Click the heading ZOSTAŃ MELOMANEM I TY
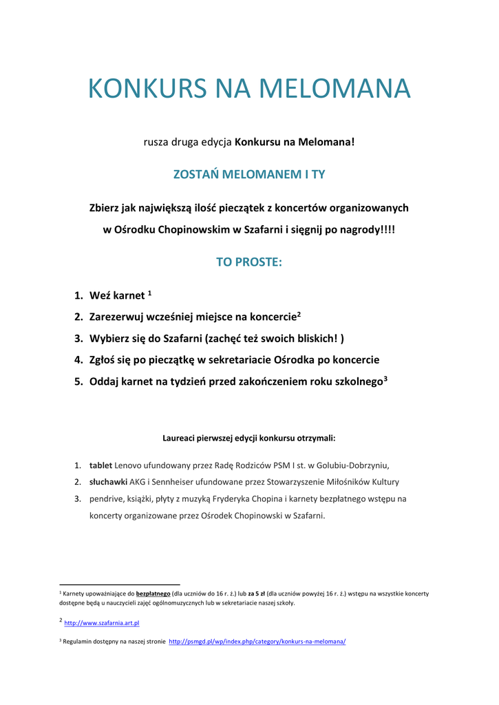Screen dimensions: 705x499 click(x=249, y=174)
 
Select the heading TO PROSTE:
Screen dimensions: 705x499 click(x=249, y=262)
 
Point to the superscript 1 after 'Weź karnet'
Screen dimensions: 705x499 click(x=149, y=293)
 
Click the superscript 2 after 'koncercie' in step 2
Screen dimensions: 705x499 click(x=299, y=315)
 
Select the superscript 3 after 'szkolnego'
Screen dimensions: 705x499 click(x=386, y=379)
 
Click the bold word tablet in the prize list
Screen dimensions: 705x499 click(x=100, y=465)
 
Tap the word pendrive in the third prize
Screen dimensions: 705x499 click(x=107, y=498)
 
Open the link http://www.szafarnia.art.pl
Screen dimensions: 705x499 click(x=102, y=623)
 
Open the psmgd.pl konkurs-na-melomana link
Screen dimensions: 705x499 click(x=257, y=641)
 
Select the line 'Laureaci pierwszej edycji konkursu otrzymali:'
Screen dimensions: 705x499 click(x=249, y=437)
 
